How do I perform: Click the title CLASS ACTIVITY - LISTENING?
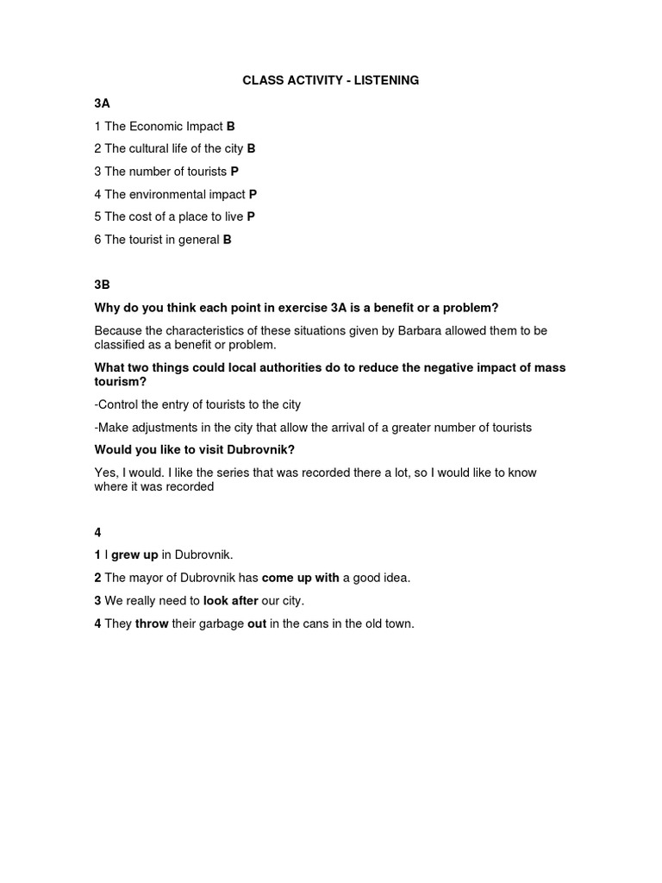click(x=331, y=80)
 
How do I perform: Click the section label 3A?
click(x=102, y=103)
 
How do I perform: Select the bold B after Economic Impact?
click(x=231, y=126)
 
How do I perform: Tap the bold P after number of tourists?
click(x=234, y=172)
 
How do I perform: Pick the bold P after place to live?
click(x=251, y=216)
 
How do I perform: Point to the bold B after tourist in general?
click(x=228, y=240)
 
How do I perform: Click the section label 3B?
click(x=102, y=285)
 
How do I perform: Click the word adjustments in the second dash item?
click(x=164, y=427)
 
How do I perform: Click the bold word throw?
click(x=152, y=623)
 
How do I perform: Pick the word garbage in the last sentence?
click(x=222, y=623)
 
